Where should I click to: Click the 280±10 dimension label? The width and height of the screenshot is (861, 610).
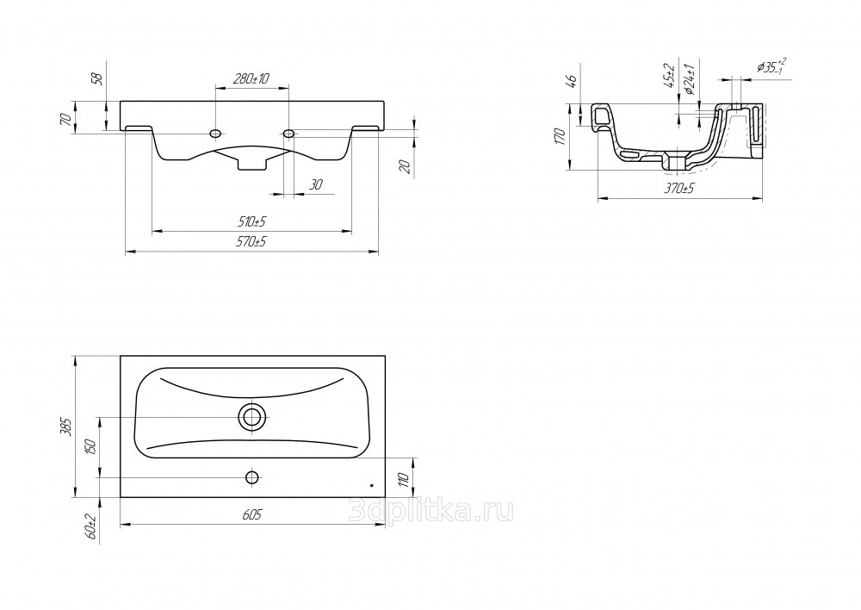(251, 78)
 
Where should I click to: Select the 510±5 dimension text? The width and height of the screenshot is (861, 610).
(252, 222)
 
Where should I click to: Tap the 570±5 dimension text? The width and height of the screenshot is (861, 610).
(252, 241)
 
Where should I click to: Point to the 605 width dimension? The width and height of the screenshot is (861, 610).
(252, 514)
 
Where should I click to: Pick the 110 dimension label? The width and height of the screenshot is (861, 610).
(405, 479)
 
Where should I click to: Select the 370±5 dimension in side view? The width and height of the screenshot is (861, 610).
(680, 188)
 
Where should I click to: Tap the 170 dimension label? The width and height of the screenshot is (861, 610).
(560, 136)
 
